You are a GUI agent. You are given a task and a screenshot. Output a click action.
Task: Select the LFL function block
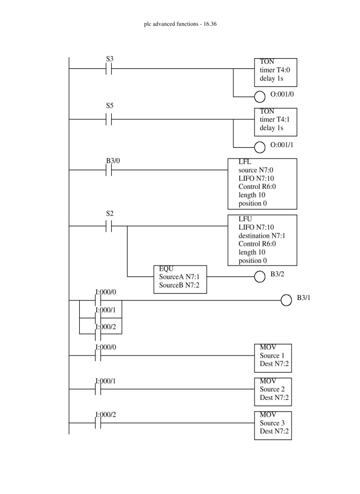262,183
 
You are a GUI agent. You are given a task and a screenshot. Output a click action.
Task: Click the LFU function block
262,240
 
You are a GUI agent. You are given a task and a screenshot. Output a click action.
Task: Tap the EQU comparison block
180,279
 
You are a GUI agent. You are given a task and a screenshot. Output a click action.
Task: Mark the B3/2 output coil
260,277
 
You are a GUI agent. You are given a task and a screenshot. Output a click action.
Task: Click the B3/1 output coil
286,301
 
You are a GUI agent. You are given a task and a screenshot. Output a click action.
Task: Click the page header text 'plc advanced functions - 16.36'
180,24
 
